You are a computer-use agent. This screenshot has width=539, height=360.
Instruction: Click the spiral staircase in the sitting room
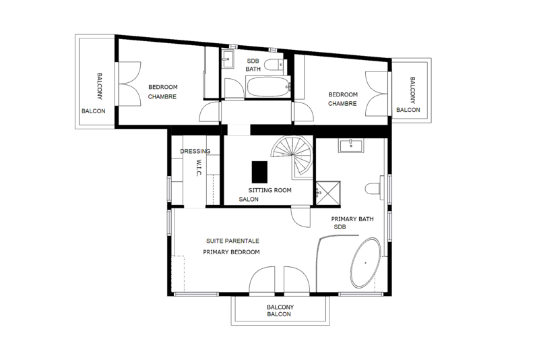(x=293, y=156)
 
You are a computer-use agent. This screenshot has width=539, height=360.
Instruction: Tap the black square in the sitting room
(x=259, y=172)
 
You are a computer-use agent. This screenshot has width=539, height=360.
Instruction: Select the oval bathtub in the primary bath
(x=365, y=262)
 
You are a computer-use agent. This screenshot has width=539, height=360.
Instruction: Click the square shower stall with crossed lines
(x=328, y=193)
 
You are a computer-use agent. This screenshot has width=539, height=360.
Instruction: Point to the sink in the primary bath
(x=351, y=146)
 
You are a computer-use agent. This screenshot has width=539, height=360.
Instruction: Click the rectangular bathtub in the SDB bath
(x=267, y=87)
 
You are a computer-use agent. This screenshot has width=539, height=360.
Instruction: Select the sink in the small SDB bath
(x=227, y=59)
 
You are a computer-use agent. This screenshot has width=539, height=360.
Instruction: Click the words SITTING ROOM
(x=270, y=190)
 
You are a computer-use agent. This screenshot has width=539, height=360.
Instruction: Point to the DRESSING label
(x=195, y=151)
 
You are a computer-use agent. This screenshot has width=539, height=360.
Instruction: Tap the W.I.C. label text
(x=198, y=168)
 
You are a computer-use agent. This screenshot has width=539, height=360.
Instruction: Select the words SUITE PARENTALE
(x=232, y=241)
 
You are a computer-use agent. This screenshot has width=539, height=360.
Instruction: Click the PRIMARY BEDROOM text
(x=231, y=252)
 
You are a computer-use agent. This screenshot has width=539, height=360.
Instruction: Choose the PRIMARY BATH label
(x=352, y=219)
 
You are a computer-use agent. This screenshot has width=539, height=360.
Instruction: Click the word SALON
(x=249, y=200)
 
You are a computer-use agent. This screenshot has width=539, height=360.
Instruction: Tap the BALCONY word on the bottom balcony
(x=280, y=307)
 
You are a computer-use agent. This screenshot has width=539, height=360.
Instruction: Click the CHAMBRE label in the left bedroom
(x=162, y=96)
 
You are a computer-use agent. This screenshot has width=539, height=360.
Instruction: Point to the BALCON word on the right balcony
(x=408, y=110)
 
